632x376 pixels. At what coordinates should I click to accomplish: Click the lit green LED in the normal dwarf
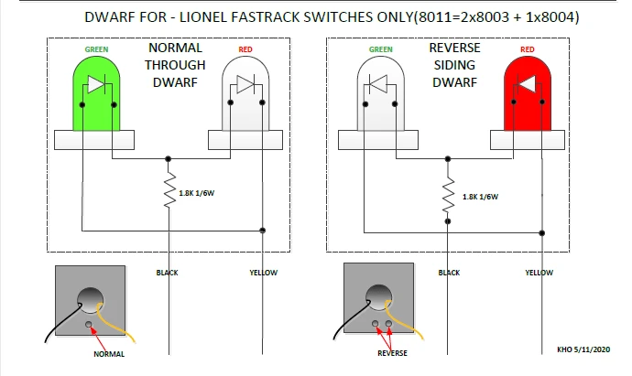(98, 91)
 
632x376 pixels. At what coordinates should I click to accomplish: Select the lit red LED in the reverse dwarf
(528, 91)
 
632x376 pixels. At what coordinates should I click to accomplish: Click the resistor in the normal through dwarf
(169, 193)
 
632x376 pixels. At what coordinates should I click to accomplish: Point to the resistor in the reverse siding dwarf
(449, 193)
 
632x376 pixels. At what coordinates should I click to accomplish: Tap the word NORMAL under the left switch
(109, 354)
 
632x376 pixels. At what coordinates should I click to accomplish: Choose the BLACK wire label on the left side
(169, 272)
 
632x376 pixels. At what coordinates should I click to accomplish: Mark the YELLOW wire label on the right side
(539, 272)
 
